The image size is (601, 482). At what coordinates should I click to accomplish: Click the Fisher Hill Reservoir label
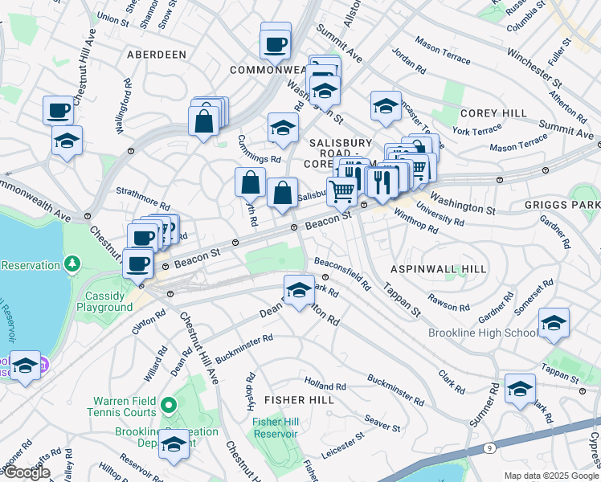point(275,427)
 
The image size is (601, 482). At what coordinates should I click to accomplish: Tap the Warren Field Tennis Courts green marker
point(167,403)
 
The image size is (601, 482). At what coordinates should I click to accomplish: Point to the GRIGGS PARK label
point(574,205)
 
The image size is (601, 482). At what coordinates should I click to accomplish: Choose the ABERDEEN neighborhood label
point(157,54)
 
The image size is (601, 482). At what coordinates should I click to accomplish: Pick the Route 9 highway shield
point(489,447)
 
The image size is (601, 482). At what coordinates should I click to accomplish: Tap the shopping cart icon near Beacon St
point(342,190)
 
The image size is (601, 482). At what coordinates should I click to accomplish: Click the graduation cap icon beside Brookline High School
point(554,322)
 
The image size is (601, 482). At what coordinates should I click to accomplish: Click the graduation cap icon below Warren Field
point(174,443)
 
